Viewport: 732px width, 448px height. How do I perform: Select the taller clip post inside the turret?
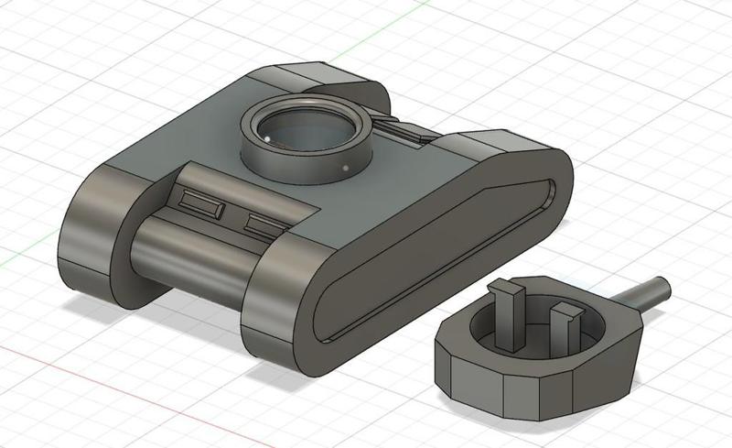point(507,311)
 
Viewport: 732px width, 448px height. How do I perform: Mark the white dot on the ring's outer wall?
point(344,169)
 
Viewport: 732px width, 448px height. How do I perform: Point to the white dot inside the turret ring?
point(266,138)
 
